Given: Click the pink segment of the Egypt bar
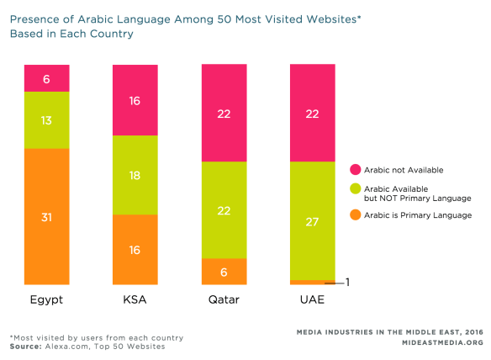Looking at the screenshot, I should click(46, 77).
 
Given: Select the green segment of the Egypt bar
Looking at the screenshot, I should click(46, 119).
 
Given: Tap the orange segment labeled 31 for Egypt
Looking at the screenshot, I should click(46, 216).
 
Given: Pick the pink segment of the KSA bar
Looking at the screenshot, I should click(135, 99).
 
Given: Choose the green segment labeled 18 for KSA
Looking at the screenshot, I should click(135, 174).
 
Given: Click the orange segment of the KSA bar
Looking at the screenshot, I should click(135, 249).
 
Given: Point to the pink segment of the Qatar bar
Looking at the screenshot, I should click(223, 113).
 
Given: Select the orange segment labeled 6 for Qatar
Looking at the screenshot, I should click(223, 271).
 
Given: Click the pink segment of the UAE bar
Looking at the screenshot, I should click(312, 113).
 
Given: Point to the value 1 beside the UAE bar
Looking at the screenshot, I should click(347, 283).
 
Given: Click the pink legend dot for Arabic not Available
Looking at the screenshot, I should click(355, 169).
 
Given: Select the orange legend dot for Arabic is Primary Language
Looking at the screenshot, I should click(355, 215).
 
